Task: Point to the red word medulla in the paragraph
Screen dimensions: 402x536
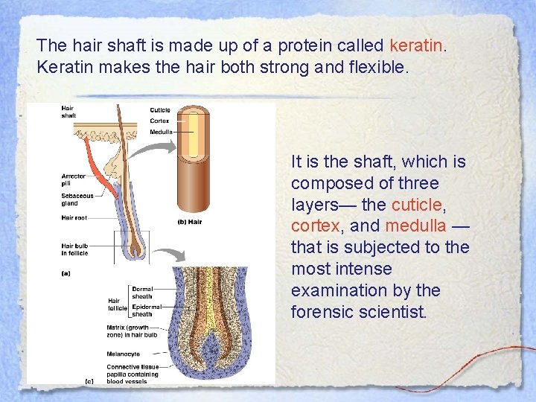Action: click(415, 226)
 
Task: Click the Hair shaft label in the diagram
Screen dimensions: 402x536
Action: click(68, 112)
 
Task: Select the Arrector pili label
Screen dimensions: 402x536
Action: click(73, 180)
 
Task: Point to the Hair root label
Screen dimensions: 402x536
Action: click(75, 218)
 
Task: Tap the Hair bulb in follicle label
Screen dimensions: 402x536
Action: click(75, 248)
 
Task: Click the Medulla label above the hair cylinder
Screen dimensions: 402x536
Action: click(160, 132)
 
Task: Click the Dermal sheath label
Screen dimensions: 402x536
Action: click(141, 292)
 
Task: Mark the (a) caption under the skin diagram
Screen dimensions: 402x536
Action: click(66, 272)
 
